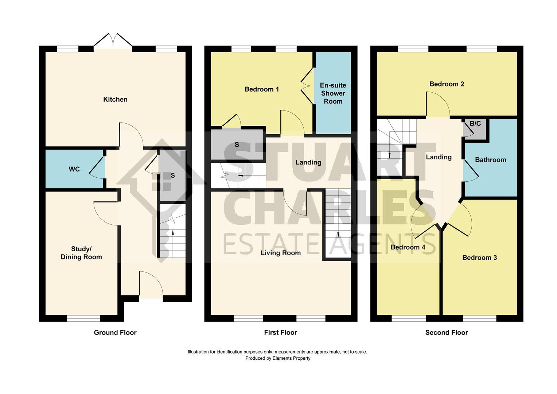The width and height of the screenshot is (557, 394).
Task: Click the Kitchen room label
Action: [x=115, y=99]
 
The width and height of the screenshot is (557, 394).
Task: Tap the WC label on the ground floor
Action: [x=74, y=169]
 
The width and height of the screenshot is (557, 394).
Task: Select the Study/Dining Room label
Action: [x=81, y=253]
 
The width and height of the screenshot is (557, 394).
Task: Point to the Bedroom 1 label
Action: [x=262, y=89]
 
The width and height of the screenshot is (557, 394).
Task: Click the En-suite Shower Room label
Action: [x=333, y=93]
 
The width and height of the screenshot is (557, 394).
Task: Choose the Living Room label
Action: [x=280, y=253]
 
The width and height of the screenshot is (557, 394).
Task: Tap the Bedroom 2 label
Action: [x=447, y=84]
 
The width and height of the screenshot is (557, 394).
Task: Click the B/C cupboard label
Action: [x=475, y=124]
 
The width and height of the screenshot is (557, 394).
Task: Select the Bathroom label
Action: [x=490, y=160]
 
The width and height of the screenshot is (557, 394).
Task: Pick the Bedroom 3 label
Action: [x=479, y=258]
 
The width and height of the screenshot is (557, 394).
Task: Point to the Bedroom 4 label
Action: [x=408, y=247]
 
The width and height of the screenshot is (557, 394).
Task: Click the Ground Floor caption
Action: [x=115, y=332]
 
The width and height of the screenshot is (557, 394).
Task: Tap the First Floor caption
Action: [x=280, y=332]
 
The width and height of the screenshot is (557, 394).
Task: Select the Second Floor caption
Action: [x=447, y=332]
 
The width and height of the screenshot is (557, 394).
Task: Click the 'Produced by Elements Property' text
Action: [x=278, y=358]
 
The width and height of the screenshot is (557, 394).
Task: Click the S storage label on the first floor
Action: [x=237, y=144]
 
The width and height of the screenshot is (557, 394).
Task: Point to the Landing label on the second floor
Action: [x=439, y=157]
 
